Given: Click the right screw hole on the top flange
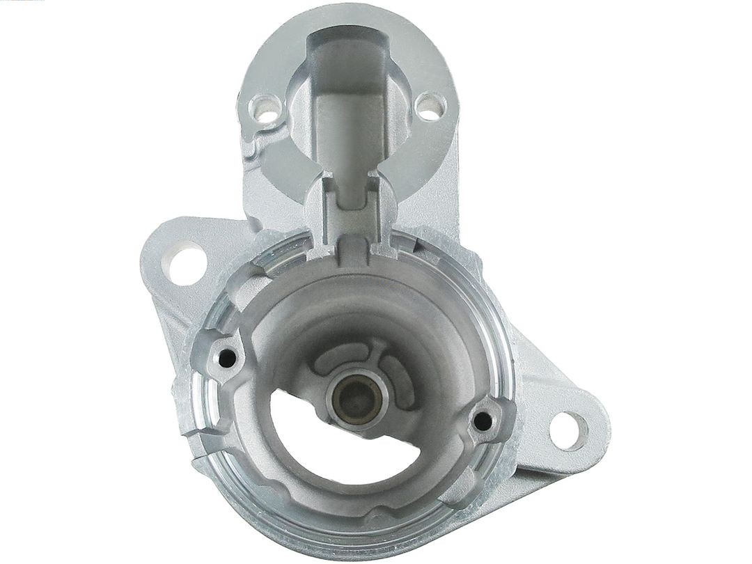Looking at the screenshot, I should (x=430, y=106).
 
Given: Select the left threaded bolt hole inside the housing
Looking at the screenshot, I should (x=226, y=358).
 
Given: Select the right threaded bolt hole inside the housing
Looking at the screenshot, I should (x=481, y=420).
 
